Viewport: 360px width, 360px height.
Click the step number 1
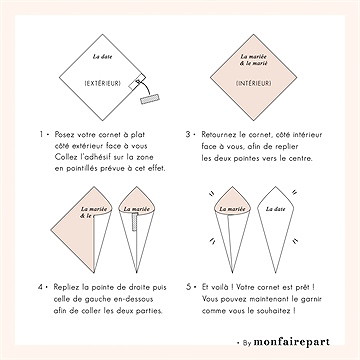pyautogui.click(x=43, y=132)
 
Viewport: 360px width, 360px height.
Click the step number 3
pyautogui.click(x=190, y=132)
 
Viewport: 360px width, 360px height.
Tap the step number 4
pyautogui.click(x=43, y=285)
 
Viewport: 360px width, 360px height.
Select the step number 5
pyautogui.click(x=190, y=285)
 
